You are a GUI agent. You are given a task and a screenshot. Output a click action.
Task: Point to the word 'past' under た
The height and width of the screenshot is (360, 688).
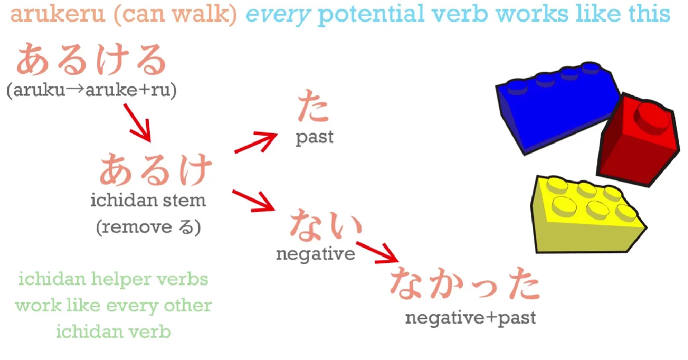(314, 137)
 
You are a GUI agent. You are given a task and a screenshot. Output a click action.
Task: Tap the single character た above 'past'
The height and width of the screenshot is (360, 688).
(313, 106)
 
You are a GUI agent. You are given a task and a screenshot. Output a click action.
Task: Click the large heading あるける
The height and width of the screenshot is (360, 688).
(92, 59)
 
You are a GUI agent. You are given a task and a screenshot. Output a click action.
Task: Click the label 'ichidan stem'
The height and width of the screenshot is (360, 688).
(148, 200)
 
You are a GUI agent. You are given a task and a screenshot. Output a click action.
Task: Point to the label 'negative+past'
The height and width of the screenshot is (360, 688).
(470, 318)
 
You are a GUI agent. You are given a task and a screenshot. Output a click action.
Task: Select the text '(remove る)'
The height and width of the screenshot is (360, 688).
(149, 227)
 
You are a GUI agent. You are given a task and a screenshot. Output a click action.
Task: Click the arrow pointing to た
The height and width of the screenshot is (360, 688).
(256, 142)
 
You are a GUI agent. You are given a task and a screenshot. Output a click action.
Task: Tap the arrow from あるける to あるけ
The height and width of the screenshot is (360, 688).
(137, 123)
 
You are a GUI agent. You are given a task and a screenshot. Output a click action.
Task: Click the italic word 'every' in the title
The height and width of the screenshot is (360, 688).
(278, 15)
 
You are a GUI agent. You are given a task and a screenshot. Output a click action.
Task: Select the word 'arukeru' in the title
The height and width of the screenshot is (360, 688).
(58, 14)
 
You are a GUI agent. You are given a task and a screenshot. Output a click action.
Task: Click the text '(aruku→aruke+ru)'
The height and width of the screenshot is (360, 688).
(92, 90)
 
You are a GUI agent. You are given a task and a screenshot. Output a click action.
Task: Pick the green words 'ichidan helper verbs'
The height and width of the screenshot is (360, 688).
(113, 279)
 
